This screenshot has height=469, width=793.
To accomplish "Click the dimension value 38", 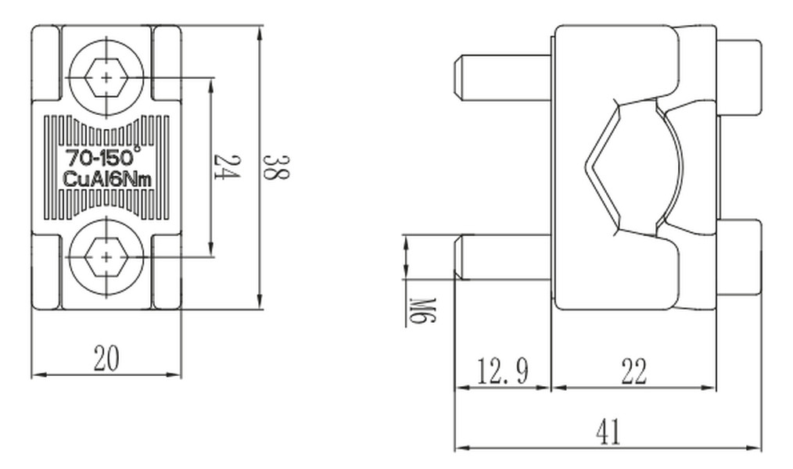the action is pos(277,168).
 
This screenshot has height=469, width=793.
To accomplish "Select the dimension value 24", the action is pos(225,166).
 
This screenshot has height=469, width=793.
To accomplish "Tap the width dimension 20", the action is pos(107,358).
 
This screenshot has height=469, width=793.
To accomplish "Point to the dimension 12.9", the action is pos(503,371).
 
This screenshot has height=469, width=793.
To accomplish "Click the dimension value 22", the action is pos(633,371).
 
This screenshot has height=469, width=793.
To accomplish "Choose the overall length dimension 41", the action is pos(608,432).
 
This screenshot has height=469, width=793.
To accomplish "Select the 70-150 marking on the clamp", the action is pos(101,157).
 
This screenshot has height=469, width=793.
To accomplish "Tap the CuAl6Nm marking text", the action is pos(106,179).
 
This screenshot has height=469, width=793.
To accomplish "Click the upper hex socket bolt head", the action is pos(106,78).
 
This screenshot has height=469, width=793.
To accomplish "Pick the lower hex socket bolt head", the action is pos(106,257).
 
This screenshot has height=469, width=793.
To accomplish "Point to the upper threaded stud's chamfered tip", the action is pos(457,76).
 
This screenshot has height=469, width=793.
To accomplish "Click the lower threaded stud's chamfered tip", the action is pos(458,256).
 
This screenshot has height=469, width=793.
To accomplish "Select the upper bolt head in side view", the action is pos(739,77).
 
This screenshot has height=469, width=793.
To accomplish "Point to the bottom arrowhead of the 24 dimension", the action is pos(211,249).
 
